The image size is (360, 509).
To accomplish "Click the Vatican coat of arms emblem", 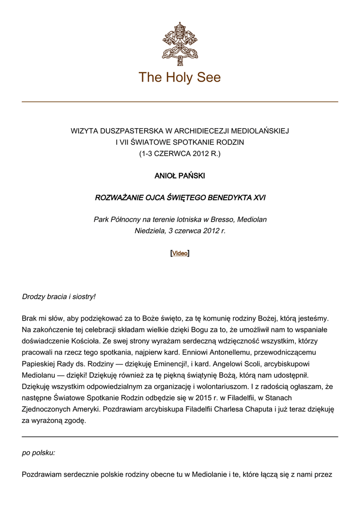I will [x=180, y=41].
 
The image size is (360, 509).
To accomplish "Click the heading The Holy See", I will [x=180, y=78].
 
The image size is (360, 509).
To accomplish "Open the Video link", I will [x=180, y=254].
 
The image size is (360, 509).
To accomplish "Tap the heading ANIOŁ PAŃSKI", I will [x=180, y=176].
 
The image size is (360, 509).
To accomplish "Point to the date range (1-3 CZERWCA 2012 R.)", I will [x=180, y=154].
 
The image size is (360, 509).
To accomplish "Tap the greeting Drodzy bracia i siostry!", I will [x=59, y=297].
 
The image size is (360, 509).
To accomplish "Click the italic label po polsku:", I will [x=39, y=453].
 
